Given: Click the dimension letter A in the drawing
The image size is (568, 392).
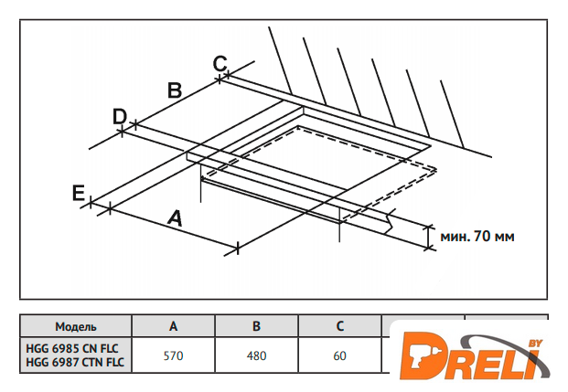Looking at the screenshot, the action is pos(175,217).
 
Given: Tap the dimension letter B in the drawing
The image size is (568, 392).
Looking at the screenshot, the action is pos(175,90).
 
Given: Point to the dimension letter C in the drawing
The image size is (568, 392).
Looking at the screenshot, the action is pos(220,63).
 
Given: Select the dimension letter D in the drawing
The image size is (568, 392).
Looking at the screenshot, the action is pos(120,117).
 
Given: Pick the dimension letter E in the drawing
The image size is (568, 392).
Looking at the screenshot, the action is pos(79,193).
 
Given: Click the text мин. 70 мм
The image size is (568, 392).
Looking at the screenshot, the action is pos(477,237).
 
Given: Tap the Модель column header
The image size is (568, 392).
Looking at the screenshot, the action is pos(76,326).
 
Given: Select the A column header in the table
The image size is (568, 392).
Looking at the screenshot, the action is pos(173,326).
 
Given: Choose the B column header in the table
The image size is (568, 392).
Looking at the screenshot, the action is pos(256,326).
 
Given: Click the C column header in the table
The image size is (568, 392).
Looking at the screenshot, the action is pos(339,326).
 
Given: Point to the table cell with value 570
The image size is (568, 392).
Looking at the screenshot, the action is pos(173,355).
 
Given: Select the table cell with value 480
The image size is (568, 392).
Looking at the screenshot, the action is pos(256,355).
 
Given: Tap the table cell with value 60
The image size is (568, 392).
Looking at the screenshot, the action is pos(339,355).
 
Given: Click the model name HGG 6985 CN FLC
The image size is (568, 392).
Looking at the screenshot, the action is pos(72,348).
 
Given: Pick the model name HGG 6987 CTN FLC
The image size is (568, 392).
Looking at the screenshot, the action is pos(75,362).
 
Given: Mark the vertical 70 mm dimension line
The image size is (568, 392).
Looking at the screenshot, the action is pos(429,237).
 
